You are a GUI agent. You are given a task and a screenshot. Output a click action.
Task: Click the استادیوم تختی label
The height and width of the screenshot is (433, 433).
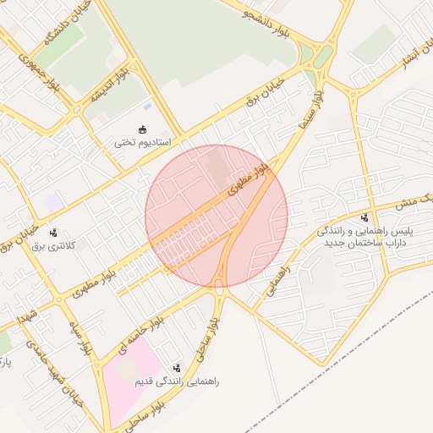[143, 143]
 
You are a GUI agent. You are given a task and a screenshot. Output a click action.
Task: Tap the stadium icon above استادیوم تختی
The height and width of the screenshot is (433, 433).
[143, 129]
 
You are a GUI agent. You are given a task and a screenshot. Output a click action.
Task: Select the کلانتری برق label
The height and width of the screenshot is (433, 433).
[54, 245]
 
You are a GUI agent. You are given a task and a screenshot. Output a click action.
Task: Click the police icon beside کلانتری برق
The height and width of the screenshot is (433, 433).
[54, 232]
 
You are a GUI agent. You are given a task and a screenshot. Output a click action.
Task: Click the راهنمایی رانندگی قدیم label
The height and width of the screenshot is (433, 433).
[178, 382]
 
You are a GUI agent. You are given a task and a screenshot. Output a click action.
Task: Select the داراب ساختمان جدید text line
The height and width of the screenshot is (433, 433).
[367, 243]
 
